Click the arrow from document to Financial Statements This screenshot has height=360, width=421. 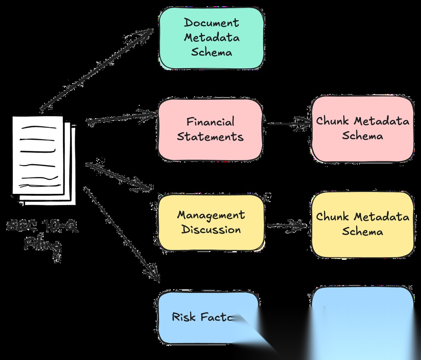pyautogui.click(x=121, y=117)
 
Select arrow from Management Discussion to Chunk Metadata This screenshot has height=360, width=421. pyautogui.click(x=287, y=225)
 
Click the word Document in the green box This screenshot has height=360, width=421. pyautogui.click(x=211, y=23)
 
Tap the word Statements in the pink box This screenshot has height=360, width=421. pyautogui.click(x=210, y=137)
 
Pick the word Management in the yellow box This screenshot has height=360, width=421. pyautogui.click(x=211, y=215)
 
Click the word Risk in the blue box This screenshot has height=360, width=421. pyautogui.click(x=184, y=317)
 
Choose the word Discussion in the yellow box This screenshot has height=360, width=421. pyautogui.click(x=211, y=229)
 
